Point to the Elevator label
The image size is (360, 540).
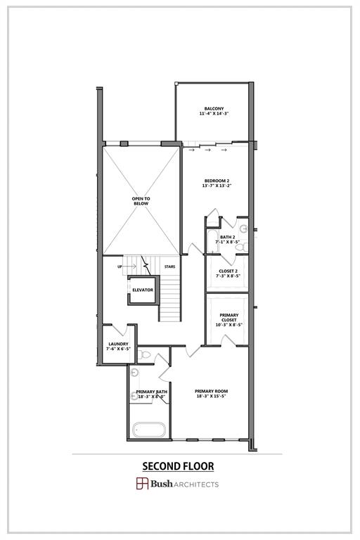coord(143,290)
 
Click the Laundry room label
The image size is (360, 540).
coord(117,344)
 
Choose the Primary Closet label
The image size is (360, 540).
coord(229,317)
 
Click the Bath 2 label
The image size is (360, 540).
coord(227,237)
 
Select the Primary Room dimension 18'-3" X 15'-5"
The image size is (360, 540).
coord(212,396)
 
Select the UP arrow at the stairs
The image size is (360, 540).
coord(127,266)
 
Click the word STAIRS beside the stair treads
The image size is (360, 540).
coord(169,266)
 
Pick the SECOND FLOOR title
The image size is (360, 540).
coord(178,465)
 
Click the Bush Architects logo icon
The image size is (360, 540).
coord(142,484)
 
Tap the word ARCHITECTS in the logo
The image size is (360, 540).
coord(198,484)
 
